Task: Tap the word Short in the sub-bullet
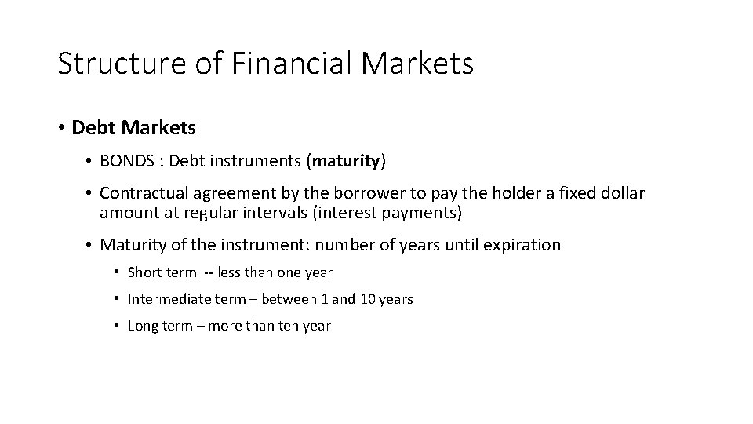tap(143, 272)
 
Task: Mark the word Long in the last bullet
tap(142, 326)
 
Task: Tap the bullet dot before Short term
tap(116, 272)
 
